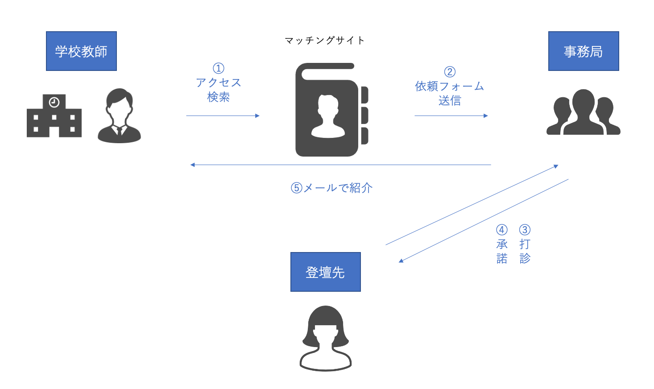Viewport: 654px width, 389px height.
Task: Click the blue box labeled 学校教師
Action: coord(81,51)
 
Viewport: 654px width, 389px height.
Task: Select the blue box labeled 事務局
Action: coord(583,51)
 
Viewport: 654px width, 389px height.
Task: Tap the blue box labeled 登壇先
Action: coord(325,272)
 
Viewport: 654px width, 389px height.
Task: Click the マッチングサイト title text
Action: coord(325,41)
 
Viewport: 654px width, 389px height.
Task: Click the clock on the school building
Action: coord(54,103)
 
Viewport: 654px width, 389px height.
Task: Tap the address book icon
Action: coord(330,110)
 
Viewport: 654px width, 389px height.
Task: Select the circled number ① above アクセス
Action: coord(218,68)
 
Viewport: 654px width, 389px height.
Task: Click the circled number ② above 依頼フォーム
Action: coord(450,72)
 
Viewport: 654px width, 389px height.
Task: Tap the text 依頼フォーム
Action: coord(449,86)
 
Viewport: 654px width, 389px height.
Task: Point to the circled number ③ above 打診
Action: coord(525,230)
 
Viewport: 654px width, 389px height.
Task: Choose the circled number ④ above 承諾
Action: coord(502,230)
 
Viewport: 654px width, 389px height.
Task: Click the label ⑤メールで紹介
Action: coord(331,188)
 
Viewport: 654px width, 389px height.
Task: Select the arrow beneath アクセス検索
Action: coord(223,116)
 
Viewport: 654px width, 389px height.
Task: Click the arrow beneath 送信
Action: coord(451,116)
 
